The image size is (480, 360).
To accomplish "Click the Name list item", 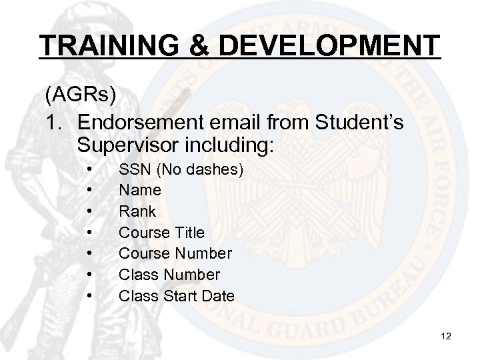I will pos(140,190).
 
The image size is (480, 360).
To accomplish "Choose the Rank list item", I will pos(137,211).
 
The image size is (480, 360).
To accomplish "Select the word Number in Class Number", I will pos(190,274).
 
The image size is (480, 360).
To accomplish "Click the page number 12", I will pos(446,337).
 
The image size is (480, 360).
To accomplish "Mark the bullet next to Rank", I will pos(89,212).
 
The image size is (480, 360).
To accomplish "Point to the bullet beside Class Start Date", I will pos(89,295).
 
